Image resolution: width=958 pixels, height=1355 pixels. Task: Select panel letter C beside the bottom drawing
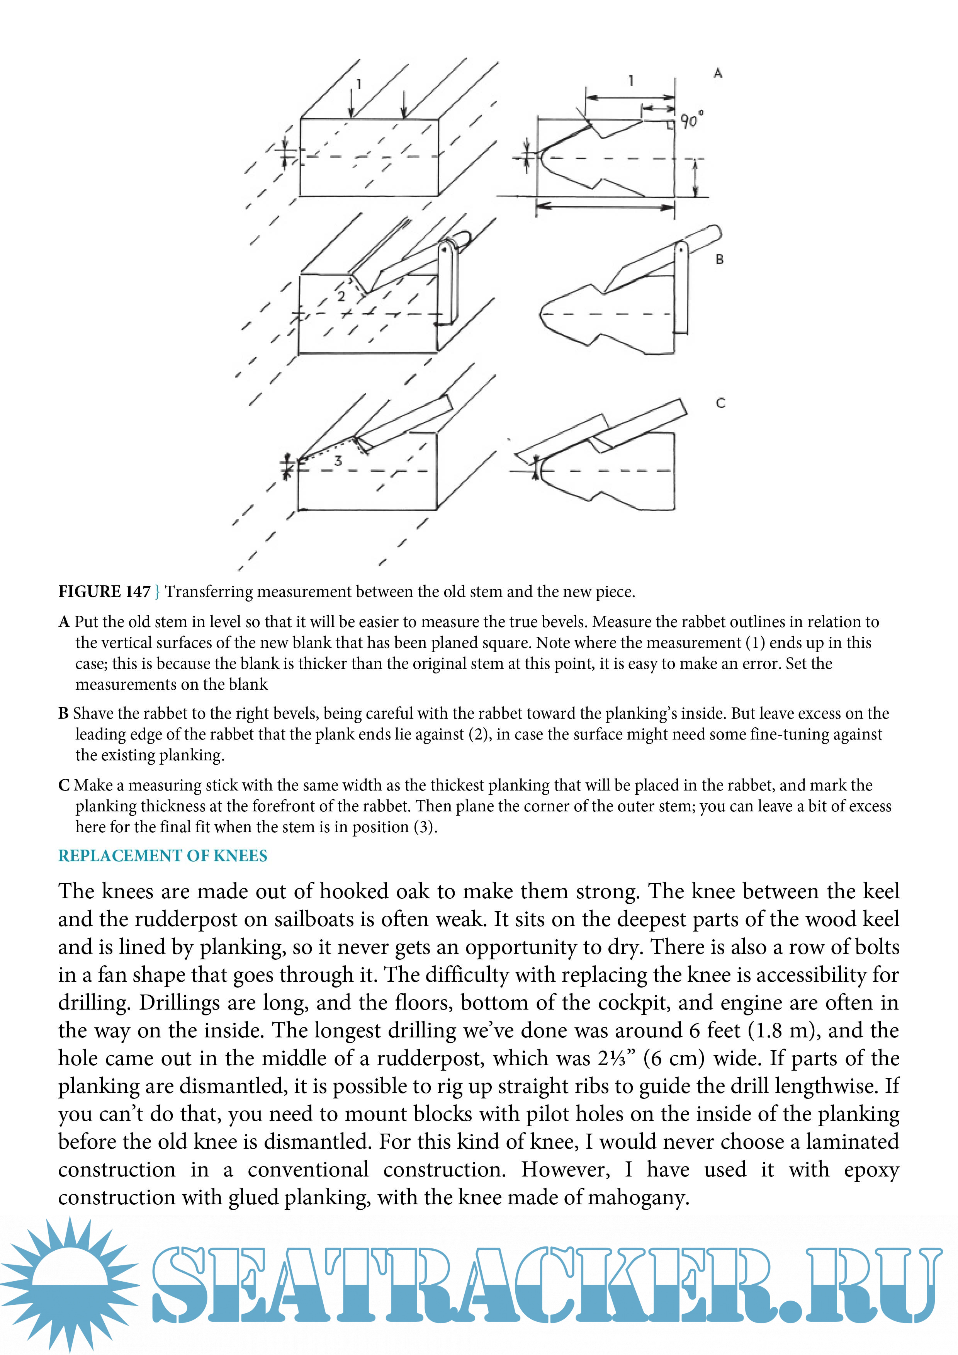(x=720, y=403)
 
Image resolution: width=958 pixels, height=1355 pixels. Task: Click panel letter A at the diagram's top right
(x=717, y=73)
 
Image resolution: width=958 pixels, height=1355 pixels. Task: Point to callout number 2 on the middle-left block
(x=341, y=296)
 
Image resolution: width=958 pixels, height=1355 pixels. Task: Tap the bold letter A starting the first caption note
(x=64, y=622)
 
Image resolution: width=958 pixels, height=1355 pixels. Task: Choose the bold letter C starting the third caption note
(x=64, y=785)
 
